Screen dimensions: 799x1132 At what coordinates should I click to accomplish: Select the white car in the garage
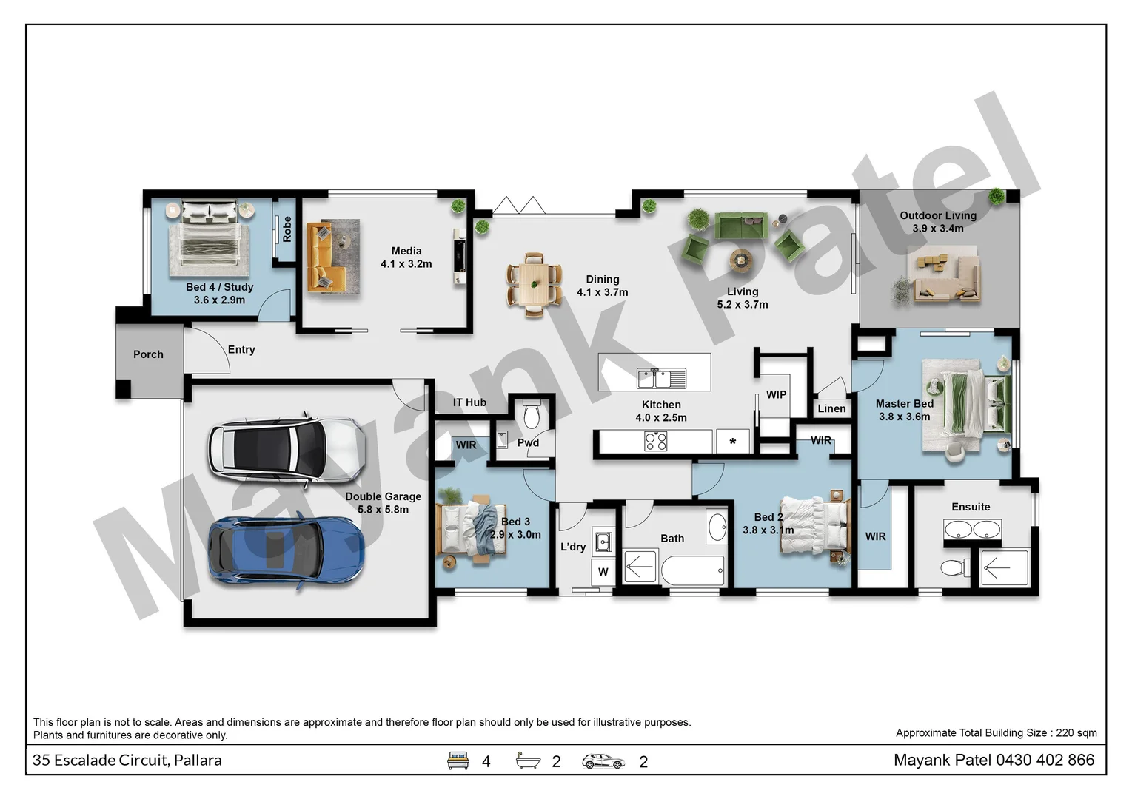[286, 449]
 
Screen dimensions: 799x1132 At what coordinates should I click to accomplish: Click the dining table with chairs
[534, 284]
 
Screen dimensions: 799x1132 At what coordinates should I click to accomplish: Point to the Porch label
[148, 354]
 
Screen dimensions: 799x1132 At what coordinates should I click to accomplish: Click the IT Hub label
[469, 402]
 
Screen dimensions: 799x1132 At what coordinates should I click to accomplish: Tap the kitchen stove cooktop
[655, 442]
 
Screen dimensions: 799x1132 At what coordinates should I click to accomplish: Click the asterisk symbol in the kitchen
[732, 442]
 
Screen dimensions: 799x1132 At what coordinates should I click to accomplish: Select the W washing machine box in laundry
[603, 571]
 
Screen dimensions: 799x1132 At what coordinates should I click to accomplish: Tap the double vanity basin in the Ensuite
[971, 530]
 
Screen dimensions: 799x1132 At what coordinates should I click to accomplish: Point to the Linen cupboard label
[831, 408]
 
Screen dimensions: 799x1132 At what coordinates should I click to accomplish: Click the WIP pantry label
[776, 394]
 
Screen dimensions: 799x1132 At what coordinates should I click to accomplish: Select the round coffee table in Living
[740, 259]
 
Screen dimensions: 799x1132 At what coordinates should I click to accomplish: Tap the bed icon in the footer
[458, 761]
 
